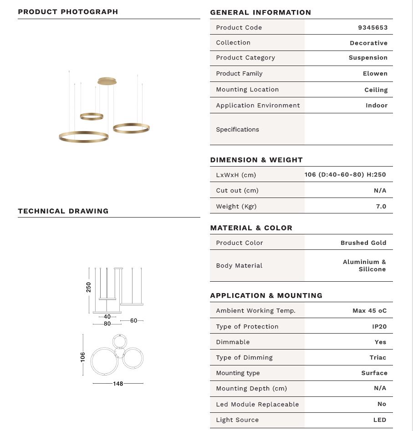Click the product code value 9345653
click(372, 28)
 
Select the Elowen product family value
click(375, 74)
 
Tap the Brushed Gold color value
click(363, 243)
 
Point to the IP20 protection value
click(379, 327)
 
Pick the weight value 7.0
click(381, 207)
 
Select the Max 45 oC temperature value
click(369, 311)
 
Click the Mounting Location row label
click(247, 90)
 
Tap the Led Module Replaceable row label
click(257, 405)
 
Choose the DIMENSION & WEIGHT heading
click(256, 160)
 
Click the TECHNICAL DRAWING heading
click(63, 211)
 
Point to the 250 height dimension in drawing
click(89, 287)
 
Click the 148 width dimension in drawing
click(118, 384)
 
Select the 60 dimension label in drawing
click(133, 321)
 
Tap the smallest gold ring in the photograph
click(92, 117)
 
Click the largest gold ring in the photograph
click(83, 137)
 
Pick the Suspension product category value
click(368, 58)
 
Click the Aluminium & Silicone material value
click(364, 266)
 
